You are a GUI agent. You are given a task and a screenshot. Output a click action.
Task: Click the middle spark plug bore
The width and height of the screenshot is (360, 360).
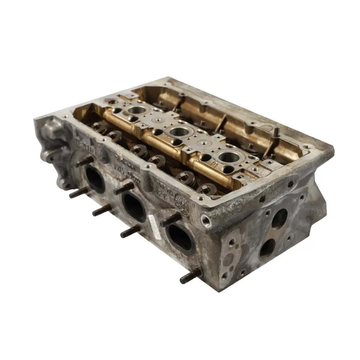[x=179, y=132]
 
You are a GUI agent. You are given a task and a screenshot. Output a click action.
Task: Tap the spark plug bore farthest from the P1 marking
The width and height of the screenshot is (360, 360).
[x=137, y=110]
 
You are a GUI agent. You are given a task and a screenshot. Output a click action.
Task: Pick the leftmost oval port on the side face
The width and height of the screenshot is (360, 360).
[x=95, y=179]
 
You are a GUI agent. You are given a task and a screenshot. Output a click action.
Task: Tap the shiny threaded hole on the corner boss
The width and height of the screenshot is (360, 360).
[x=206, y=221]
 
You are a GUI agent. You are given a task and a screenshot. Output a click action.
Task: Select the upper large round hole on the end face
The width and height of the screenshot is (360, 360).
[x=279, y=219]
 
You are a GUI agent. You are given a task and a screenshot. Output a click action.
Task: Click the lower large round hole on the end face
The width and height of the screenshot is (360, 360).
[x=267, y=249]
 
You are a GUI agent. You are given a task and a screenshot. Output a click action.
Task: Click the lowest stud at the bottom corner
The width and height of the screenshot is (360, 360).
[x=190, y=276]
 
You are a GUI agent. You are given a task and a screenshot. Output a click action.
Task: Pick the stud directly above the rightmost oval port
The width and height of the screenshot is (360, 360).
[x=171, y=220]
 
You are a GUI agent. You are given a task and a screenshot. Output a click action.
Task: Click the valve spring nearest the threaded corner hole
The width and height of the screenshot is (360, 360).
[x=207, y=190]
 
